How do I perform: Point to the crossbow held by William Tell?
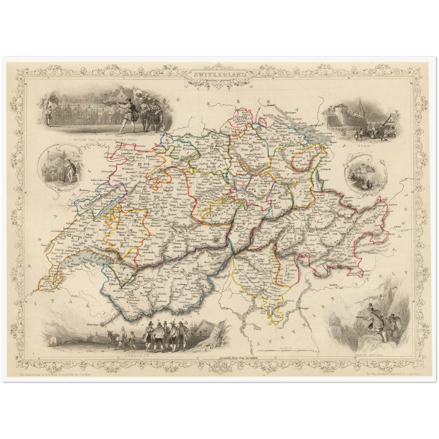tap(113, 103)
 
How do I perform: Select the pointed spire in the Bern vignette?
tap(359, 103)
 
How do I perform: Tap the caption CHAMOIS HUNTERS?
tap(364, 355)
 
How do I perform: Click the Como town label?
tap(280, 328)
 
